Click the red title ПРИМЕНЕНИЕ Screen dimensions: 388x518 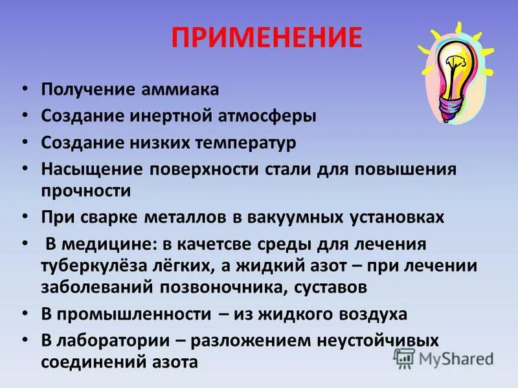[266, 38]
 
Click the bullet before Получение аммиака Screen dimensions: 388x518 [24, 90]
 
